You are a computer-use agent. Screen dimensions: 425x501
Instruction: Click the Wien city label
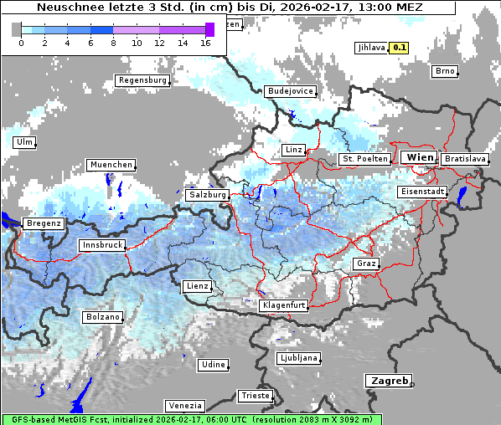pos(419,157)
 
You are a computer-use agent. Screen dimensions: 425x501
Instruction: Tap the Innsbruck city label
pos(102,245)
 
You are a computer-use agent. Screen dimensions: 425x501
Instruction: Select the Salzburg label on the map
pos(208,194)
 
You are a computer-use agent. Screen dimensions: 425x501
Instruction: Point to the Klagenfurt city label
pos(283,305)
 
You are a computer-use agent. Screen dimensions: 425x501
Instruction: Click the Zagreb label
pos(388,381)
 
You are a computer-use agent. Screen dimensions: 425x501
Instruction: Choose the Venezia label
pos(184,405)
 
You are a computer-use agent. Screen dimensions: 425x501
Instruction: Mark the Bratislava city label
pos(465,158)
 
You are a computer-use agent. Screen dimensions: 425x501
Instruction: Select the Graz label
pos(366,264)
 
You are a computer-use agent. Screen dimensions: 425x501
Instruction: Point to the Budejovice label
pos(290,90)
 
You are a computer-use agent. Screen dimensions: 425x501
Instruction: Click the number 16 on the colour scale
pos(205,43)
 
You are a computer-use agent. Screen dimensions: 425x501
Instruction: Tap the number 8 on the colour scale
pos(113,43)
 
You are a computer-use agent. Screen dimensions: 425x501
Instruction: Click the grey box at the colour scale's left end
pos(17,29)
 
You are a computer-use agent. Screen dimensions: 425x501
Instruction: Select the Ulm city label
pos(24,142)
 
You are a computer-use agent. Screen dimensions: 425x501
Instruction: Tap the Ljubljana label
pos(299,358)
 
